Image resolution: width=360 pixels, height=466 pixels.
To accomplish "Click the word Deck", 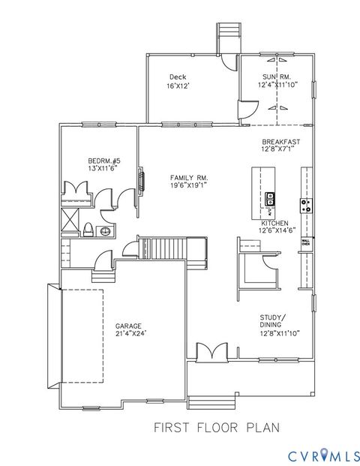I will pos(178,77).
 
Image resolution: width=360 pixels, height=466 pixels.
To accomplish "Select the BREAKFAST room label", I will pos(281,142).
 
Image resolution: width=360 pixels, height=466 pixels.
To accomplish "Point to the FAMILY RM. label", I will pos(187,177).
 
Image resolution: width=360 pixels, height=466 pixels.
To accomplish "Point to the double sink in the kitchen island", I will pos(268,200).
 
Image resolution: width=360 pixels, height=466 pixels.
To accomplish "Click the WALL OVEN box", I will pos(306,242).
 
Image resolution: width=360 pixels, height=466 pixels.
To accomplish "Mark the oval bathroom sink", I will pos(105,232).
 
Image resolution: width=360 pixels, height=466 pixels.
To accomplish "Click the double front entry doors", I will pos(211,351).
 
